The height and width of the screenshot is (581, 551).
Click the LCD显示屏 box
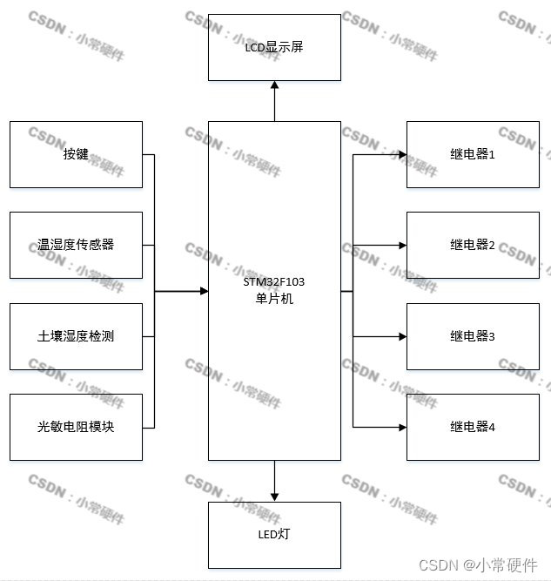[x=274, y=47]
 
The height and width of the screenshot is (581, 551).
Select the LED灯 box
[x=274, y=534]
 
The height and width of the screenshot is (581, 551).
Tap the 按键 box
[x=76, y=154]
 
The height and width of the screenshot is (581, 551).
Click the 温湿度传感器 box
[x=76, y=245]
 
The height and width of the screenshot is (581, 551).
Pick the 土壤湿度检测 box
[x=76, y=336]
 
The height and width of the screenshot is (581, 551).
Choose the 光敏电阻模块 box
[x=76, y=427]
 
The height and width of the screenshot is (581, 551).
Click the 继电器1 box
[x=473, y=154]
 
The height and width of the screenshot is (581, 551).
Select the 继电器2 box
[x=473, y=245]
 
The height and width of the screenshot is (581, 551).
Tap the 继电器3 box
[x=473, y=336]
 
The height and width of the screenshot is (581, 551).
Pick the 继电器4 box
[x=473, y=427]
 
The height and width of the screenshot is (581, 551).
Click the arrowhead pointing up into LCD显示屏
[x=274, y=85]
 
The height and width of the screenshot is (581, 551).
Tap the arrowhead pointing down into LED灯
[x=274, y=497]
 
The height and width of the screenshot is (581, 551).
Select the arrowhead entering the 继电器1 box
[x=402, y=155]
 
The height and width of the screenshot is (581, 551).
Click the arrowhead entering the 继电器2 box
[x=402, y=246]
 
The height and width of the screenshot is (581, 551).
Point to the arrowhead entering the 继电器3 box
[x=402, y=336]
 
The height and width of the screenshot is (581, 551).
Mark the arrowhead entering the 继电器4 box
[x=402, y=427]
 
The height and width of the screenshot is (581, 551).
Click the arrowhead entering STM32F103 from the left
[x=204, y=291]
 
